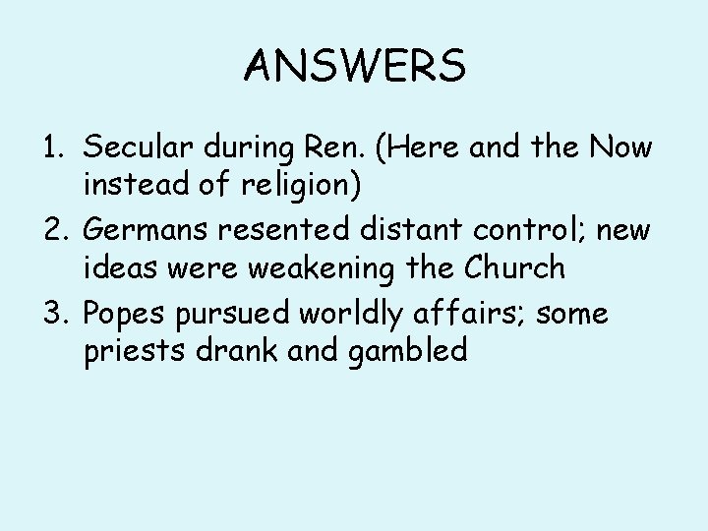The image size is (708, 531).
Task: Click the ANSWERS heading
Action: tap(354, 66)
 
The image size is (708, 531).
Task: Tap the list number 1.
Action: tap(52, 147)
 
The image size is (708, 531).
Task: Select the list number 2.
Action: tap(53, 231)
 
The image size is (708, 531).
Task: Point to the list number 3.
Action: tap(53, 315)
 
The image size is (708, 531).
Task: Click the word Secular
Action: tap(138, 147)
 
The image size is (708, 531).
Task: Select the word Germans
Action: tap(147, 231)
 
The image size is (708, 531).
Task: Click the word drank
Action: tap(236, 350)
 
